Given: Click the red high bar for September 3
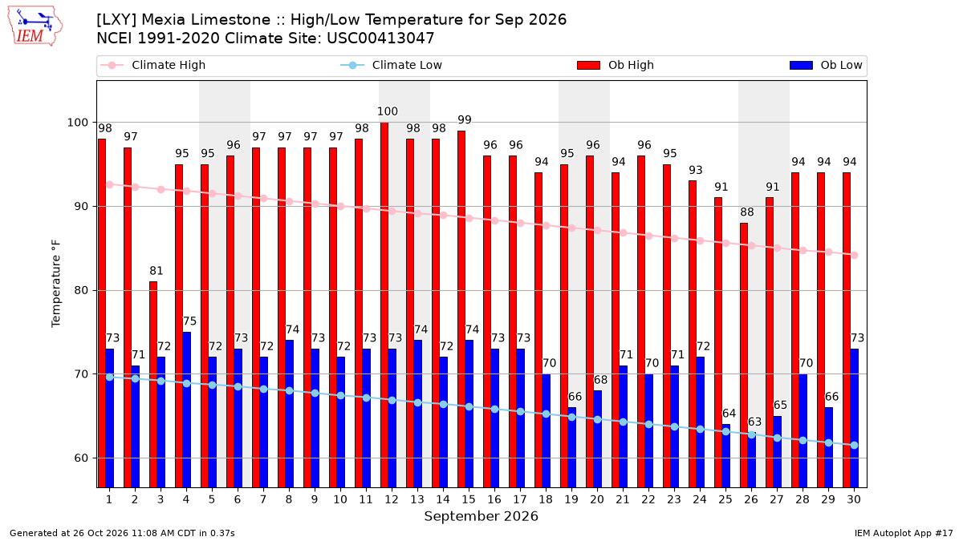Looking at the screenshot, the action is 153,384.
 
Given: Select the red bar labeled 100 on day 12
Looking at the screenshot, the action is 384,305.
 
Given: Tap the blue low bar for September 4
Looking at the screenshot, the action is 186,410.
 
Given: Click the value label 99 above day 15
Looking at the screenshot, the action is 465,119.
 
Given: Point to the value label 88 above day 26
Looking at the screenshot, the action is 747,212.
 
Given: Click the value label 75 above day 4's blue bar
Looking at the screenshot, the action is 189,321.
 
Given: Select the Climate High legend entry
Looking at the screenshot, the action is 152,65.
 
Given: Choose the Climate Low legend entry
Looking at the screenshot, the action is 392,65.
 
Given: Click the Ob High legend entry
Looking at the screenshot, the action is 616,65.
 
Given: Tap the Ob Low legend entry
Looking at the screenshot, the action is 826,65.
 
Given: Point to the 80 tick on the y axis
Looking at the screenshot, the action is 80,291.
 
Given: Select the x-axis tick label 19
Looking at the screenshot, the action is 571,500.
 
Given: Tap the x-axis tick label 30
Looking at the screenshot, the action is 854,500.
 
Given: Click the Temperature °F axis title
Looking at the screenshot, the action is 56,284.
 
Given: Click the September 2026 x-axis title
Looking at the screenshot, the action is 481,516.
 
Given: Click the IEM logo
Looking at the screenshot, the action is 35,26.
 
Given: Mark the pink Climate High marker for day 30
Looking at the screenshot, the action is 854,256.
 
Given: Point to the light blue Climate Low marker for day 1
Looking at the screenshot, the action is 110,377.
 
